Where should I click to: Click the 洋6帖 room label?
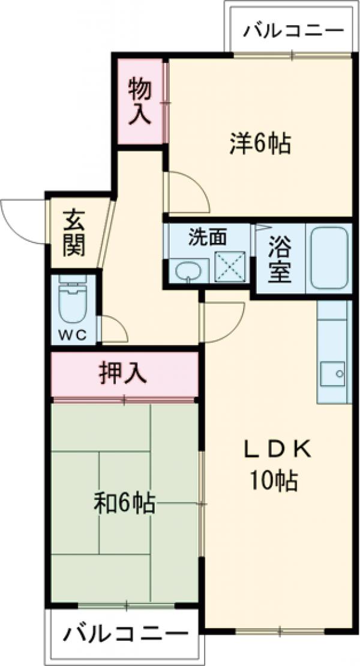tap(260, 143)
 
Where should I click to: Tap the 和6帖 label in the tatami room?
tap(125, 503)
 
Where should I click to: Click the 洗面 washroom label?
tap(208, 237)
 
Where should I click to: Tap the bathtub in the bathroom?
tap(329, 257)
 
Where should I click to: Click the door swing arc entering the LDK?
tap(223, 321)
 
